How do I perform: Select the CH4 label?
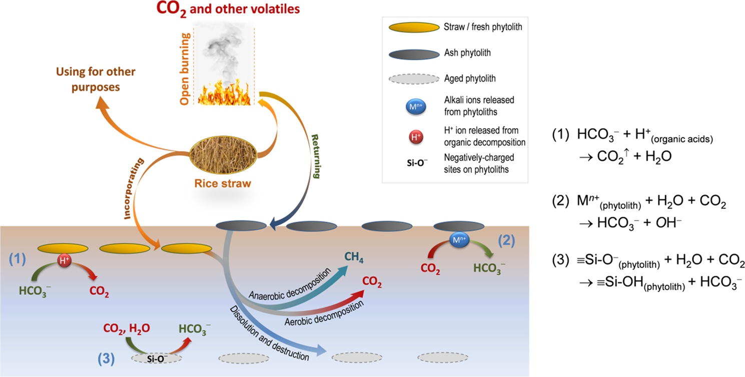tap(354, 258)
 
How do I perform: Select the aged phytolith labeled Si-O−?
tap(157, 358)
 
